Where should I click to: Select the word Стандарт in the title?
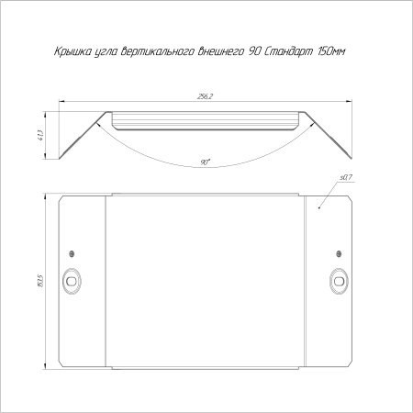(288, 51)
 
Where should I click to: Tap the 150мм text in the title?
(331, 51)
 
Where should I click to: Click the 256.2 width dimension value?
(205, 96)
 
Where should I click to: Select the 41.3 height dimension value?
(41, 135)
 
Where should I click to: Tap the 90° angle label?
(206, 162)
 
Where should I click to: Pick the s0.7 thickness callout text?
(346, 177)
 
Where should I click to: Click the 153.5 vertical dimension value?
(41, 281)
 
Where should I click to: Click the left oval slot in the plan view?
(72, 281)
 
